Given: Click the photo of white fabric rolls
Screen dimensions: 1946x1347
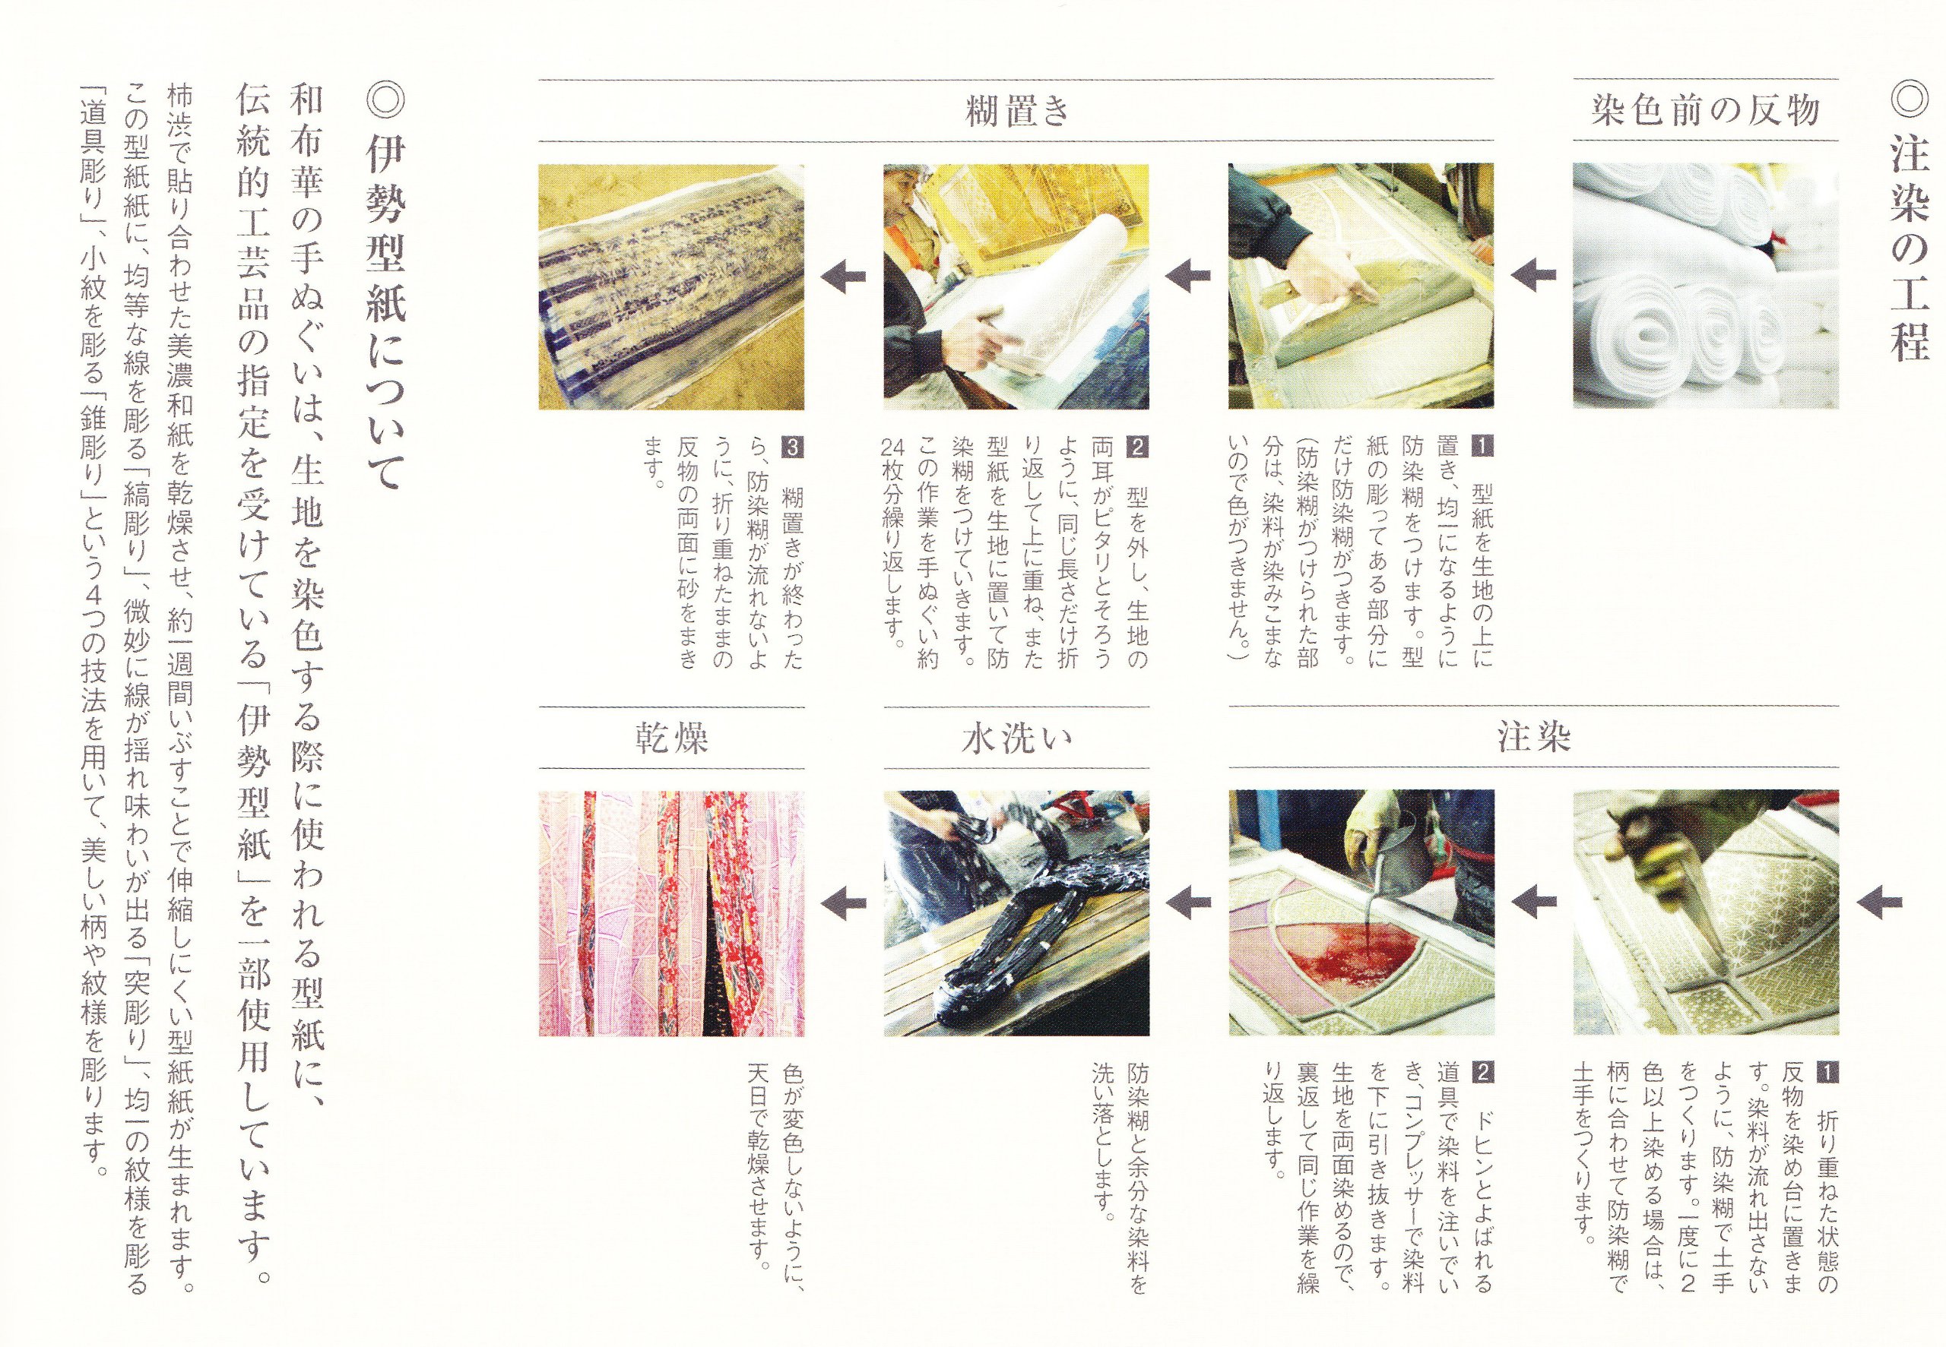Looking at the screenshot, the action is (x=1705, y=286).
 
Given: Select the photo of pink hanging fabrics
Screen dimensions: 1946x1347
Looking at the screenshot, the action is (x=672, y=913).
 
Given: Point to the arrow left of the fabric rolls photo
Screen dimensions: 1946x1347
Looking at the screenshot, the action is (x=1534, y=276).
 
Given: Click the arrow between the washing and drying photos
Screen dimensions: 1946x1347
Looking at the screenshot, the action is (x=845, y=904).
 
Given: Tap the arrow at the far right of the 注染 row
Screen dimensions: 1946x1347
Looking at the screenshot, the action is (x=1879, y=903).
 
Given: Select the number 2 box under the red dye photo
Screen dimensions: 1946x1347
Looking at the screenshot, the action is (x=1482, y=1073).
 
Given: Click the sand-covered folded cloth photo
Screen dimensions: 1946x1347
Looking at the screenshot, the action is (x=672, y=287).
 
